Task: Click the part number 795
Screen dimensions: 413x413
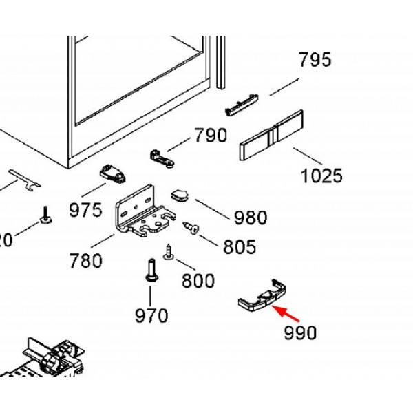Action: [x=315, y=60]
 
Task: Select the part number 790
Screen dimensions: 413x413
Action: [x=210, y=135]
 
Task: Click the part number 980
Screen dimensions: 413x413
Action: [x=250, y=218]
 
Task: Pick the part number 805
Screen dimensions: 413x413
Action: [x=239, y=246]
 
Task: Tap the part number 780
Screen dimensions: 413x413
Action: [x=85, y=260]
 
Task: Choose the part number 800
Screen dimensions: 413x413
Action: [x=198, y=280]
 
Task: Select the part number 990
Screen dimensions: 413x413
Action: [x=300, y=332]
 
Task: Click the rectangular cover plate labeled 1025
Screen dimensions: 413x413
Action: [x=271, y=136]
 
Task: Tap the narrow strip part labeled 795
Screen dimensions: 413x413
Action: [x=242, y=106]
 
